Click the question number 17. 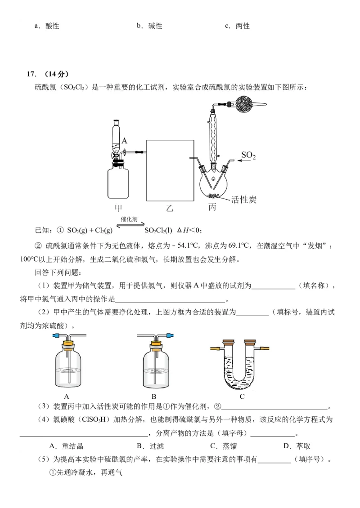click(x=31, y=74)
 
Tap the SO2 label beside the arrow click(x=248, y=155)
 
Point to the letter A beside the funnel click(x=125, y=141)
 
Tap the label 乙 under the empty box click(x=169, y=208)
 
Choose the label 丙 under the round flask click(x=213, y=208)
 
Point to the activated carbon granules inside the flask click(x=213, y=195)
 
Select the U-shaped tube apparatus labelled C click(x=242, y=364)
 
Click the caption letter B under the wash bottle click(x=154, y=397)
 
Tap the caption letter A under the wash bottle click(x=67, y=397)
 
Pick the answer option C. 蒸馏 click(x=224, y=446)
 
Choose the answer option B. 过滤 click(x=150, y=446)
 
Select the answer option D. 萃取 click(x=297, y=446)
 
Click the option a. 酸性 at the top click(x=47, y=26)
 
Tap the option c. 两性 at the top click(x=237, y=26)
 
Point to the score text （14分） click(x=54, y=74)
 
